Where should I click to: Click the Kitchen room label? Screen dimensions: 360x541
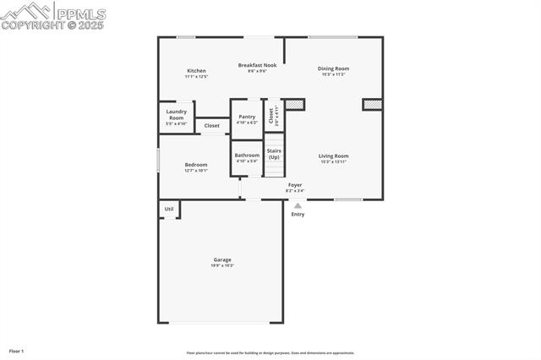tap(196, 71)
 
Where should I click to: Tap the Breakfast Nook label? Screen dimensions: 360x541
tap(257, 65)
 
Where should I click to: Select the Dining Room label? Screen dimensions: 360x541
tap(333, 68)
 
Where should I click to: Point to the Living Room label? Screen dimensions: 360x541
tap(333, 155)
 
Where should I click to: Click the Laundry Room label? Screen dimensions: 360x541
tap(176, 115)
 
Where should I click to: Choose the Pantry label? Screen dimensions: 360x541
tap(247, 117)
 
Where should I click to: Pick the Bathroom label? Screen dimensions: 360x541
tap(247, 155)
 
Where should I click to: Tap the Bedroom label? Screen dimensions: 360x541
tap(196, 164)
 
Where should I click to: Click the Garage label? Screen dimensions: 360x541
tap(222, 259)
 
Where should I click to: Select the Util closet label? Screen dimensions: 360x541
tap(169, 209)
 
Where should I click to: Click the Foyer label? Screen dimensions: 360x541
tap(295, 184)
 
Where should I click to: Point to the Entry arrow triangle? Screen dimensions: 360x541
tap(298, 205)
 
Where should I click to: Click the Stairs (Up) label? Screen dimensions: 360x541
tap(274, 154)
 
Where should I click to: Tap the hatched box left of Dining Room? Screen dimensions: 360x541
tap(293, 105)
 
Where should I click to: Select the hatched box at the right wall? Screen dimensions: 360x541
tap(373, 105)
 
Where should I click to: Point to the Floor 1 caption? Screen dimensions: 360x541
tap(16, 351)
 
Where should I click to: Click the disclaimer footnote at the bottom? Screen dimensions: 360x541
tap(270, 353)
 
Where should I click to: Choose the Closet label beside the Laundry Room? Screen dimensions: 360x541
tap(212, 126)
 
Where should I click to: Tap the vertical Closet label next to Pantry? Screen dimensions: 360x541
tap(271, 117)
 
